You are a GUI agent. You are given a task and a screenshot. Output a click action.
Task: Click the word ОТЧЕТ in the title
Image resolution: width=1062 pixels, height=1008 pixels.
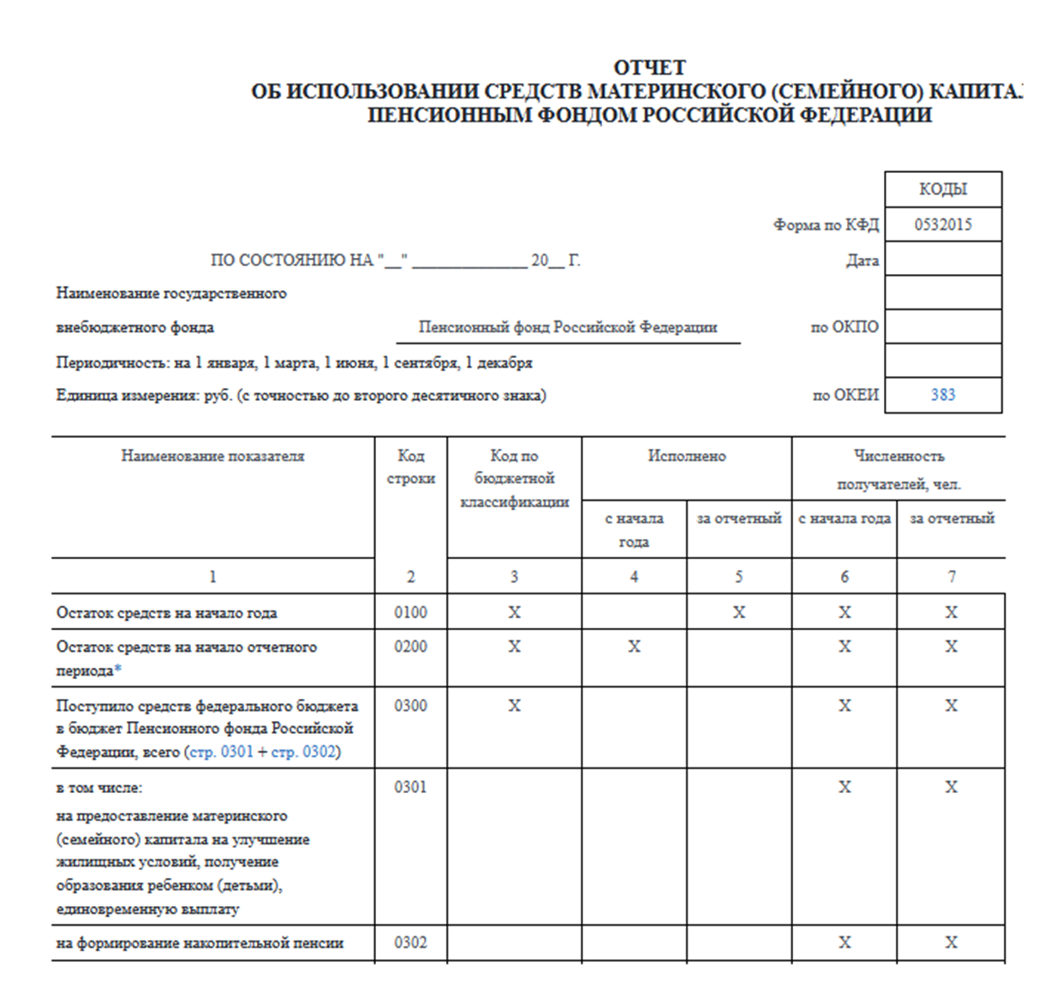point(650,68)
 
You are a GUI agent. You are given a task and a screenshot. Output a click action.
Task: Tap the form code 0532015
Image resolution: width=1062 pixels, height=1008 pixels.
point(943,224)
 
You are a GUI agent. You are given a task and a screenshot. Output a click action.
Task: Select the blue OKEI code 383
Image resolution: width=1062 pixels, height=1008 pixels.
point(943,395)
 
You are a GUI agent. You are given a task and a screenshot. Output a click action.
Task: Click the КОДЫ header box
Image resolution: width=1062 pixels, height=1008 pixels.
point(943,189)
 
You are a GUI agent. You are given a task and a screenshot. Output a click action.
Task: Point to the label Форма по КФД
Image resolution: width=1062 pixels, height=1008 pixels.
point(826,225)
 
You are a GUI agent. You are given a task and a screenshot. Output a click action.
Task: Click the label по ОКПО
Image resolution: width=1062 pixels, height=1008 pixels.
point(844,326)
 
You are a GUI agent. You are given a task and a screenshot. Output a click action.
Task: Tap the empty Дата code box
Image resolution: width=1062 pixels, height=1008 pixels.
point(943,259)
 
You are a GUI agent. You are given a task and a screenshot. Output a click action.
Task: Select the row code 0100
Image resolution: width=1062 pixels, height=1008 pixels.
point(410,612)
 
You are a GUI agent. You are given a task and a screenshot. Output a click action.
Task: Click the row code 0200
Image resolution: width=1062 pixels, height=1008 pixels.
point(410,647)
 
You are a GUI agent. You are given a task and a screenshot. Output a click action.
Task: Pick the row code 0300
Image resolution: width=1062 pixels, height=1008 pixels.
point(410,706)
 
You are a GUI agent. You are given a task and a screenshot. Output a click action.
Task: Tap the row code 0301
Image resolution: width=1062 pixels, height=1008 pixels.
point(410,787)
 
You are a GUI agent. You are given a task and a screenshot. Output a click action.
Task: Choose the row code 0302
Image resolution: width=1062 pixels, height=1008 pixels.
point(410,943)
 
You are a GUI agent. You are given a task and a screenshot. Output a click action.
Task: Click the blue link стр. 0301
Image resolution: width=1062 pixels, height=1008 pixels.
point(221,752)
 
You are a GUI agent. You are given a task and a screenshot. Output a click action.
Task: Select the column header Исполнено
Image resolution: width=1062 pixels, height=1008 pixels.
point(686,456)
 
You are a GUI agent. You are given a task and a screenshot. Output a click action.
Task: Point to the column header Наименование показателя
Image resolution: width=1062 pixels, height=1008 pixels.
point(212,456)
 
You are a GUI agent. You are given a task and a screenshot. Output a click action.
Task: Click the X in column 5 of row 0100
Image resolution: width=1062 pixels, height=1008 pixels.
point(738,612)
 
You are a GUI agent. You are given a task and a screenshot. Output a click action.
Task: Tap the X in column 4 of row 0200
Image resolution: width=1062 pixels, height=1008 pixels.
point(634,647)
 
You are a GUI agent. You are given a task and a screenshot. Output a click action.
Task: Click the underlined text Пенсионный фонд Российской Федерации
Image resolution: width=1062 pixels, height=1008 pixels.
point(568,327)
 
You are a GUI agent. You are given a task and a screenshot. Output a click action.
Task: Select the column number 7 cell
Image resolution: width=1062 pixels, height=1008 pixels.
point(951,576)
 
